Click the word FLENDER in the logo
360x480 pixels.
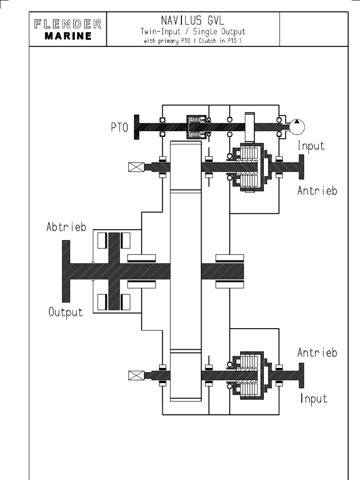(x=68, y=24)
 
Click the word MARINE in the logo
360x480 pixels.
(x=68, y=37)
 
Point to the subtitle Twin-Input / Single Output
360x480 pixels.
(x=193, y=31)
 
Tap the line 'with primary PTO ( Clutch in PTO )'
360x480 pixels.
(x=193, y=41)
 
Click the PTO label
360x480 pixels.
(x=120, y=128)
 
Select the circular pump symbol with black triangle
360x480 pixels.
(x=296, y=127)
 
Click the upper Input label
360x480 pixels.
(x=311, y=146)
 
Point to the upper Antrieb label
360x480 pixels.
(x=317, y=191)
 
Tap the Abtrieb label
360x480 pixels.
(x=66, y=227)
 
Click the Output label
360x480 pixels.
(x=66, y=312)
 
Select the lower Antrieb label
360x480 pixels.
(x=317, y=353)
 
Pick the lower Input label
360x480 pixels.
(x=314, y=399)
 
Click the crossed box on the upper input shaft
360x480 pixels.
(x=135, y=167)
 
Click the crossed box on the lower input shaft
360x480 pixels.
(x=135, y=375)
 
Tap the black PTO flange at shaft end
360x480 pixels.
(x=137, y=127)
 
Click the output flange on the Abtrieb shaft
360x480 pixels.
(x=66, y=271)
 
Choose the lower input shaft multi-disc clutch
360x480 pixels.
(x=248, y=375)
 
